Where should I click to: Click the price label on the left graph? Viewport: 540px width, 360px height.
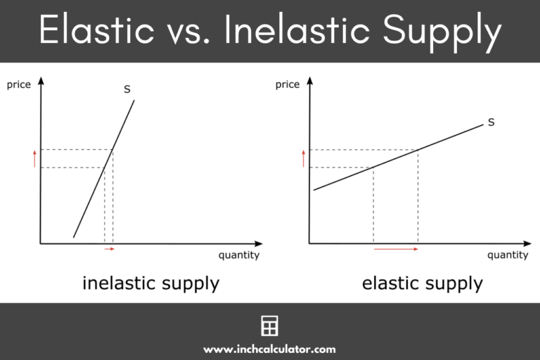[x=20, y=85]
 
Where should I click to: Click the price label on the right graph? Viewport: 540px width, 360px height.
[x=287, y=85]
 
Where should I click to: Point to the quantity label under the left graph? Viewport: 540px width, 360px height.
[x=238, y=255]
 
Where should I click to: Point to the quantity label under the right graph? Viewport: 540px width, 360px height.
[x=507, y=255]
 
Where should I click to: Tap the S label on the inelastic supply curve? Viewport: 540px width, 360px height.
[x=127, y=89]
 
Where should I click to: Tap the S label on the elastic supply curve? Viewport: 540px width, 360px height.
[x=491, y=122]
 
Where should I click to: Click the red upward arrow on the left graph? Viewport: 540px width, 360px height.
[x=34, y=159]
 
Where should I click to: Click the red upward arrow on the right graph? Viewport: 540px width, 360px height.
[x=304, y=158]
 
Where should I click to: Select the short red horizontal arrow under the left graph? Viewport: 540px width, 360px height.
[x=108, y=249]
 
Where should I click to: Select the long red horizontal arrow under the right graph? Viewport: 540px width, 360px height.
[x=396, y=249]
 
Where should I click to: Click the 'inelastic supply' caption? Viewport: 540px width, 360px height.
[x=150, y=283]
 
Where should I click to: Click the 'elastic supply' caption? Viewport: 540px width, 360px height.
[x=422, y=283]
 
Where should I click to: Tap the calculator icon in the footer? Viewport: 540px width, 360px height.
[x=269, y=326]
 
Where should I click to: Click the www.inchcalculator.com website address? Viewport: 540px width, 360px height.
[x=269, y=349]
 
